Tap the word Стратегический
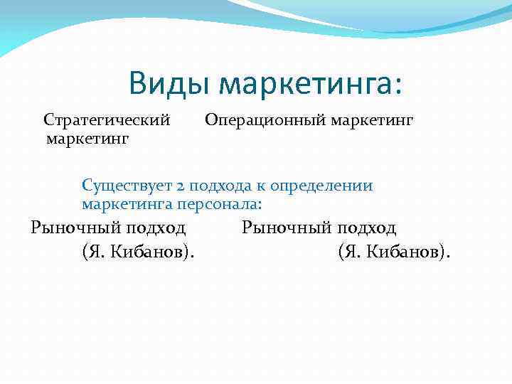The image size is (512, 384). [x=107, y=119]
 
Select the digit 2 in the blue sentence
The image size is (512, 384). [x=181, y=186]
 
